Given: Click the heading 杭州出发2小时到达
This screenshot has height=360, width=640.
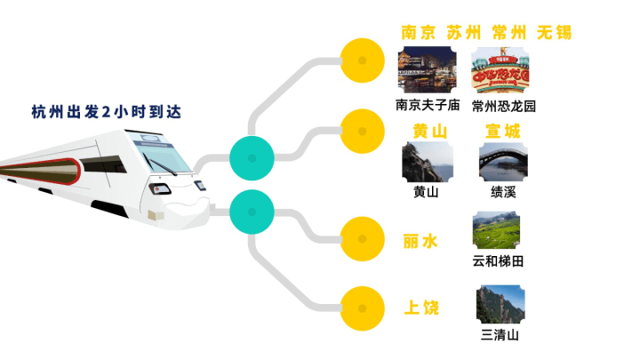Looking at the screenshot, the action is pyautogui.click(x=106, y=112).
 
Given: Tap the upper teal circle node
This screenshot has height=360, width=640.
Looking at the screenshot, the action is pyautogui.click(x=252, y=158).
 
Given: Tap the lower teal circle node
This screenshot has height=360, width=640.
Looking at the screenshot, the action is pyautogui.click(x=252, y=212).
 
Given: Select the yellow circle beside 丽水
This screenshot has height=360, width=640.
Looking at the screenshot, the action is pyautogui.click(x=363, y=239).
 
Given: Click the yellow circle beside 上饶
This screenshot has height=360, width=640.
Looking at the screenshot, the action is pyautogui.click(x=363, y=308).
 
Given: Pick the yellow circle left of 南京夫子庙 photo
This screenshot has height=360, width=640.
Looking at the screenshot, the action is pyautogui.click(x=363, y=60).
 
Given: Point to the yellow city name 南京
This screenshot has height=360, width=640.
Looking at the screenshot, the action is pyautogui.click(x=419, y=33).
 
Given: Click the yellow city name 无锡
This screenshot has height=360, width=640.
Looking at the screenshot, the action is pyautogui.click(x=555, y=33).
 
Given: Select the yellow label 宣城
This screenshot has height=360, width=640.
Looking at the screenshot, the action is pyautogui.click(x=503, y=132).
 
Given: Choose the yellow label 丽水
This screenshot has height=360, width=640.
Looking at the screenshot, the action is pyautogui.click(x=420, y=242).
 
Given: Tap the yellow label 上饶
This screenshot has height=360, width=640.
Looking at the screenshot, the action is pyautogui.click(x=421, y=308).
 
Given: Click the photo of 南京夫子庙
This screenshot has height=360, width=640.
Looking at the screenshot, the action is pyautogui.click(x=427, y=69).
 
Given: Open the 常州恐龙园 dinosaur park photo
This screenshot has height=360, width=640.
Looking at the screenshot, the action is pyautogui.click(x=500, y=70).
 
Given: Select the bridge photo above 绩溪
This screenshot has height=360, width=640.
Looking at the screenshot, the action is pyautogui.click(x=503, y=162).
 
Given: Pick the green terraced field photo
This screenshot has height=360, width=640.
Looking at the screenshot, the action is pyautogui.click(x=496, y=230).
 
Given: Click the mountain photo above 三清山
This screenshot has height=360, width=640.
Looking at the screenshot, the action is pyautogui.click(x=500, y=304).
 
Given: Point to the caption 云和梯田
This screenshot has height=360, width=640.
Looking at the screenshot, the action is pyautogui.click(x=498, y=261).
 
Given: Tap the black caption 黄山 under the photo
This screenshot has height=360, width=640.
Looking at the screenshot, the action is pyautogui.click(x=426, y=191).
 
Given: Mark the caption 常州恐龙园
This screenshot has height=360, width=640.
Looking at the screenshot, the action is pyautogui.click(x=504, y=107).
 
